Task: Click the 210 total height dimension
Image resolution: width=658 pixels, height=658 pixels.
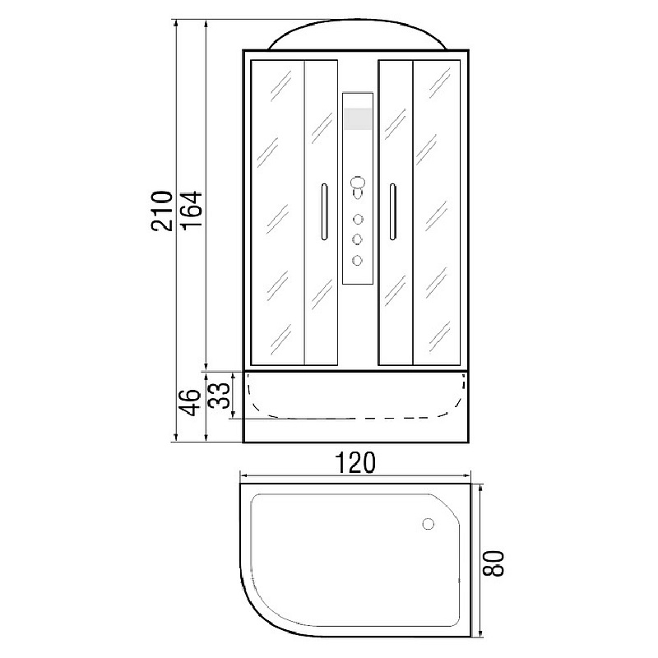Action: (162, 211)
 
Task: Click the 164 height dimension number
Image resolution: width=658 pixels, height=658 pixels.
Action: (192, 210)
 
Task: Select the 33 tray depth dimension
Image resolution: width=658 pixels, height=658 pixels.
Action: (220, 396)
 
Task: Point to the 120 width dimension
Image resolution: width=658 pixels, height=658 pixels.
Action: (355, 463)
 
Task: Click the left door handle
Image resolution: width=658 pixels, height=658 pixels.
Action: (324, 212)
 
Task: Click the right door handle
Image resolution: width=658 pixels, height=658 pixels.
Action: (392, 212)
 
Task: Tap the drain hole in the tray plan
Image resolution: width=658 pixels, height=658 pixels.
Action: (428, 524)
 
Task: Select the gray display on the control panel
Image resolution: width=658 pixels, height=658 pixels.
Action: (358, 118)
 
